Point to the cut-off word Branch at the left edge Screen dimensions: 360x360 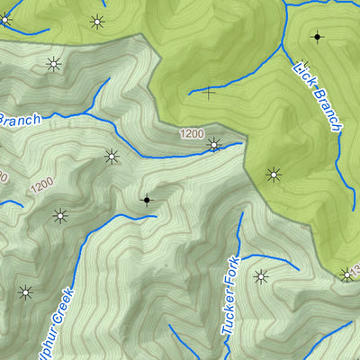click(x=20, y=120)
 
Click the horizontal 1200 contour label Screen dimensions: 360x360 click(x=191, y=134)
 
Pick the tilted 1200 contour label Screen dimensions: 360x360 click(x=41, y=187)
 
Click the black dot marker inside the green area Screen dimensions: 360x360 click(x=316, y=37)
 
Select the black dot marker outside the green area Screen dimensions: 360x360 click(x=147, y=199)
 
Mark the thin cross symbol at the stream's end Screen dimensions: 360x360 click(x=210, y=91)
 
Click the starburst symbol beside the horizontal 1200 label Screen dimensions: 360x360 click(x=213, y=144)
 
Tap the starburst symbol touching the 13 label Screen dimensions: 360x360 click(x=346, y=274)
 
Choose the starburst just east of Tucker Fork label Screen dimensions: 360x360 click(x=261, y=276)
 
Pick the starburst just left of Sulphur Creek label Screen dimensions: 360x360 click(x=25, y=292)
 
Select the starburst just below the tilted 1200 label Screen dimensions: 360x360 click(x=60, y=215)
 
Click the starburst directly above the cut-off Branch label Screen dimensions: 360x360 click(x=53, y=63)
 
